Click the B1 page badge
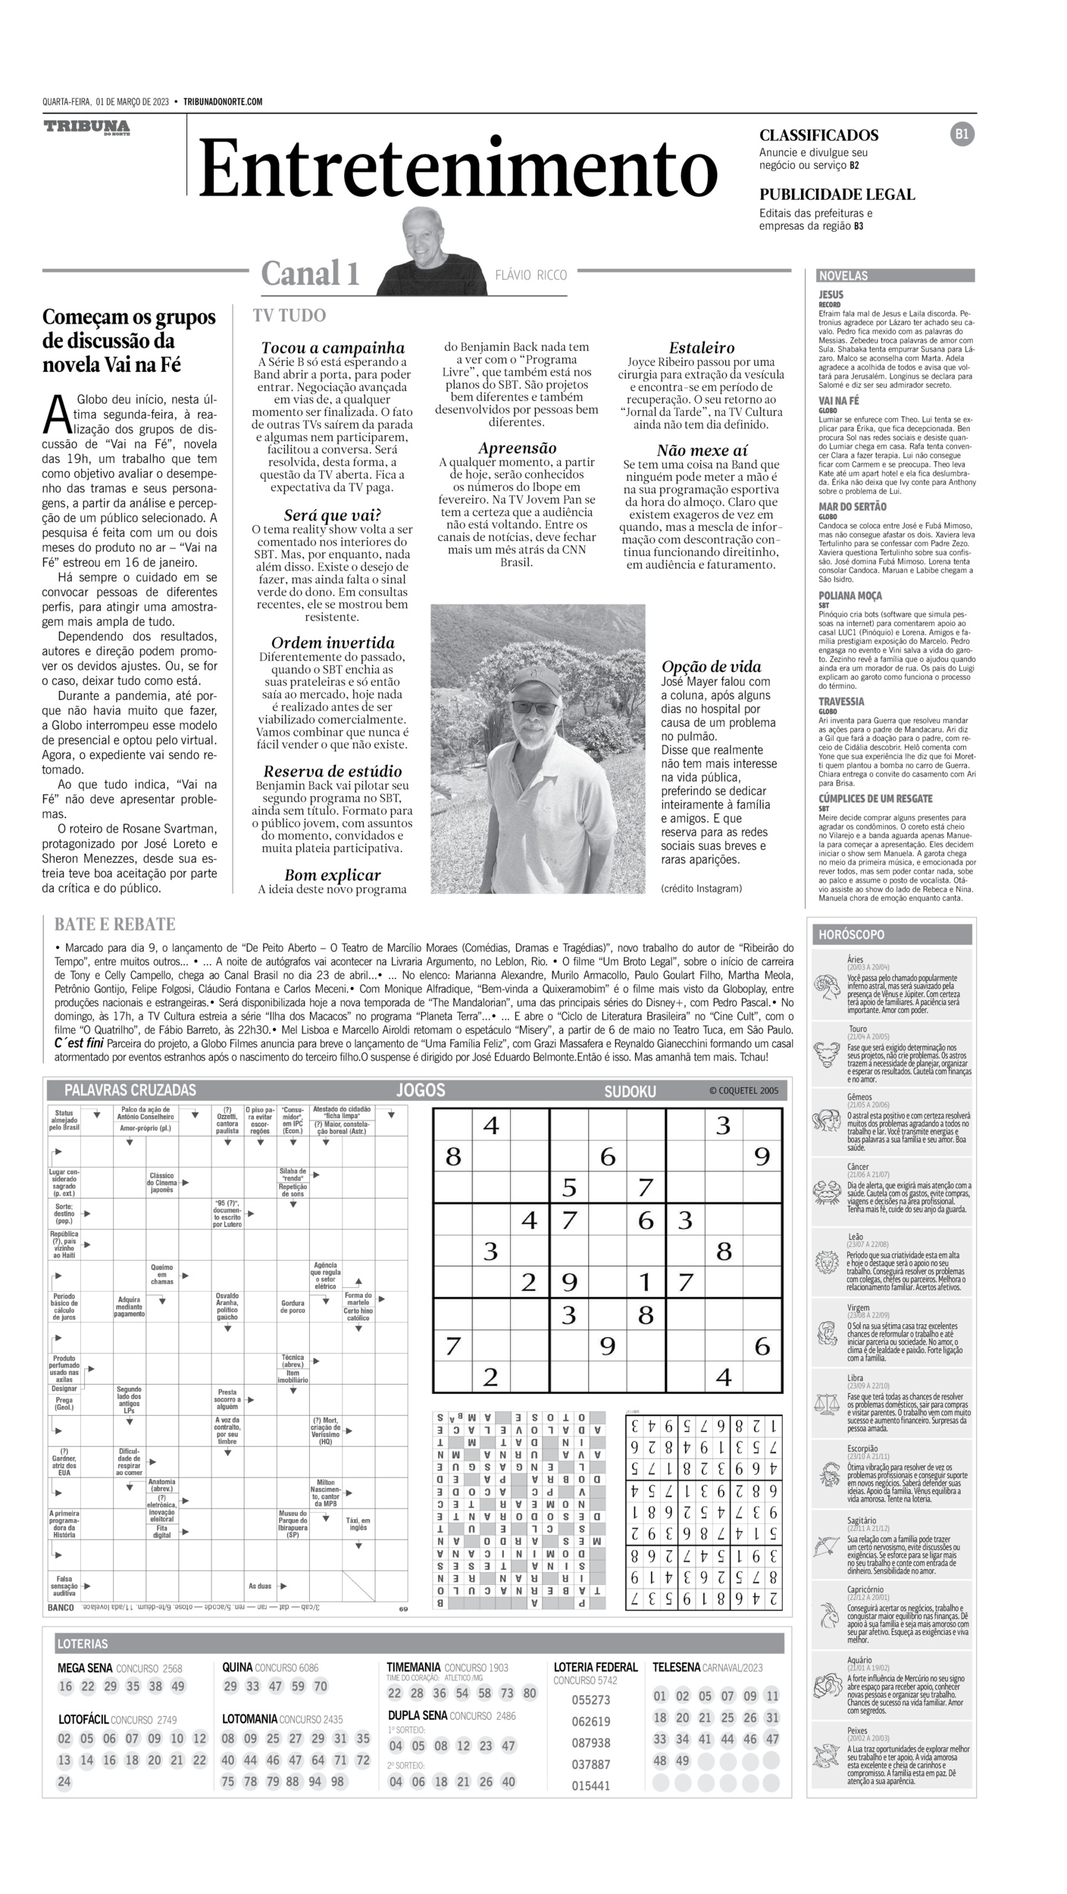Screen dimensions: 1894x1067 click(x=962, y=134)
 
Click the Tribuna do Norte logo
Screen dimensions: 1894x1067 click(x=86, y=127)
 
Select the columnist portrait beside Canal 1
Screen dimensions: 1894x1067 click(x=432, y=252)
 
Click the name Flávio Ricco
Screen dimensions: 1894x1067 click(x=530, y=275)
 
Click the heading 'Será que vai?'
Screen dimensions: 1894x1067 click(x=332, y=515)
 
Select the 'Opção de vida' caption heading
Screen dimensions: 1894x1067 click(x=711, y=667)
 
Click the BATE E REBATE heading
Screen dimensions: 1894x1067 click(x=114, y=924)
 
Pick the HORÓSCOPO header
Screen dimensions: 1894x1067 click(x=850, y=935)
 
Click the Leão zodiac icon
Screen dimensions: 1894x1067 click(x=825, y=1263)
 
